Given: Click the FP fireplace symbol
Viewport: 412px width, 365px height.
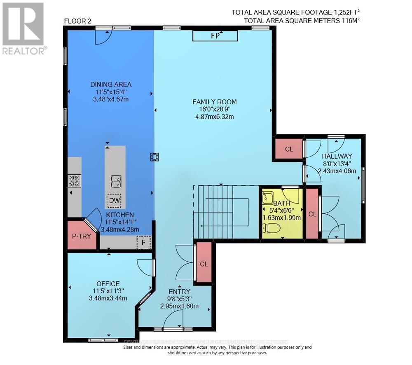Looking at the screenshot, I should pos(215,36).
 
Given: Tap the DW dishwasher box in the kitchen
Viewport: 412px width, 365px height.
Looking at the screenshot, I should pos(115,201).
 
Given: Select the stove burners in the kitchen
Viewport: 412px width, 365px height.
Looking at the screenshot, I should pos(75,180).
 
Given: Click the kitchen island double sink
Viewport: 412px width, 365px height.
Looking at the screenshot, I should pos(116,181).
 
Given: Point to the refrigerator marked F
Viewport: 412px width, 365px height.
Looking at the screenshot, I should pos(144,242).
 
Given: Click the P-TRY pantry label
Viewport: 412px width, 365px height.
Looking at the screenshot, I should pos(82,236).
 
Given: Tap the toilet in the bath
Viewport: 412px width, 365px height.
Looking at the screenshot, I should pos(272,228).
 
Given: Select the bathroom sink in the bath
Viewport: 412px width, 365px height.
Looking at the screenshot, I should pos(268,197).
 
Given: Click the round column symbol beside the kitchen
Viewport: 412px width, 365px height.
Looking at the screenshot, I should pos(154,157).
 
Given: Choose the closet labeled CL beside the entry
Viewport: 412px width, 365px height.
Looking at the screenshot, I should pos(204,264).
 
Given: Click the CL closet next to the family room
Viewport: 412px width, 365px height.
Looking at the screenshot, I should pos(289,149).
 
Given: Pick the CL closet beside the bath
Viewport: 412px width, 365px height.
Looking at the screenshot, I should pos(312,214).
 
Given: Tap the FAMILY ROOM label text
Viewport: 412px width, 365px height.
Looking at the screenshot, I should pos(215,102).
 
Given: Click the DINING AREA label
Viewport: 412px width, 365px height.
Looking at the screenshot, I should pos(111,84).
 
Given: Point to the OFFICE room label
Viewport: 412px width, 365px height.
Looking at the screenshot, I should pos(108,283).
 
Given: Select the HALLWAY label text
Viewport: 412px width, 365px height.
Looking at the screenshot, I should pos(337,156).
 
